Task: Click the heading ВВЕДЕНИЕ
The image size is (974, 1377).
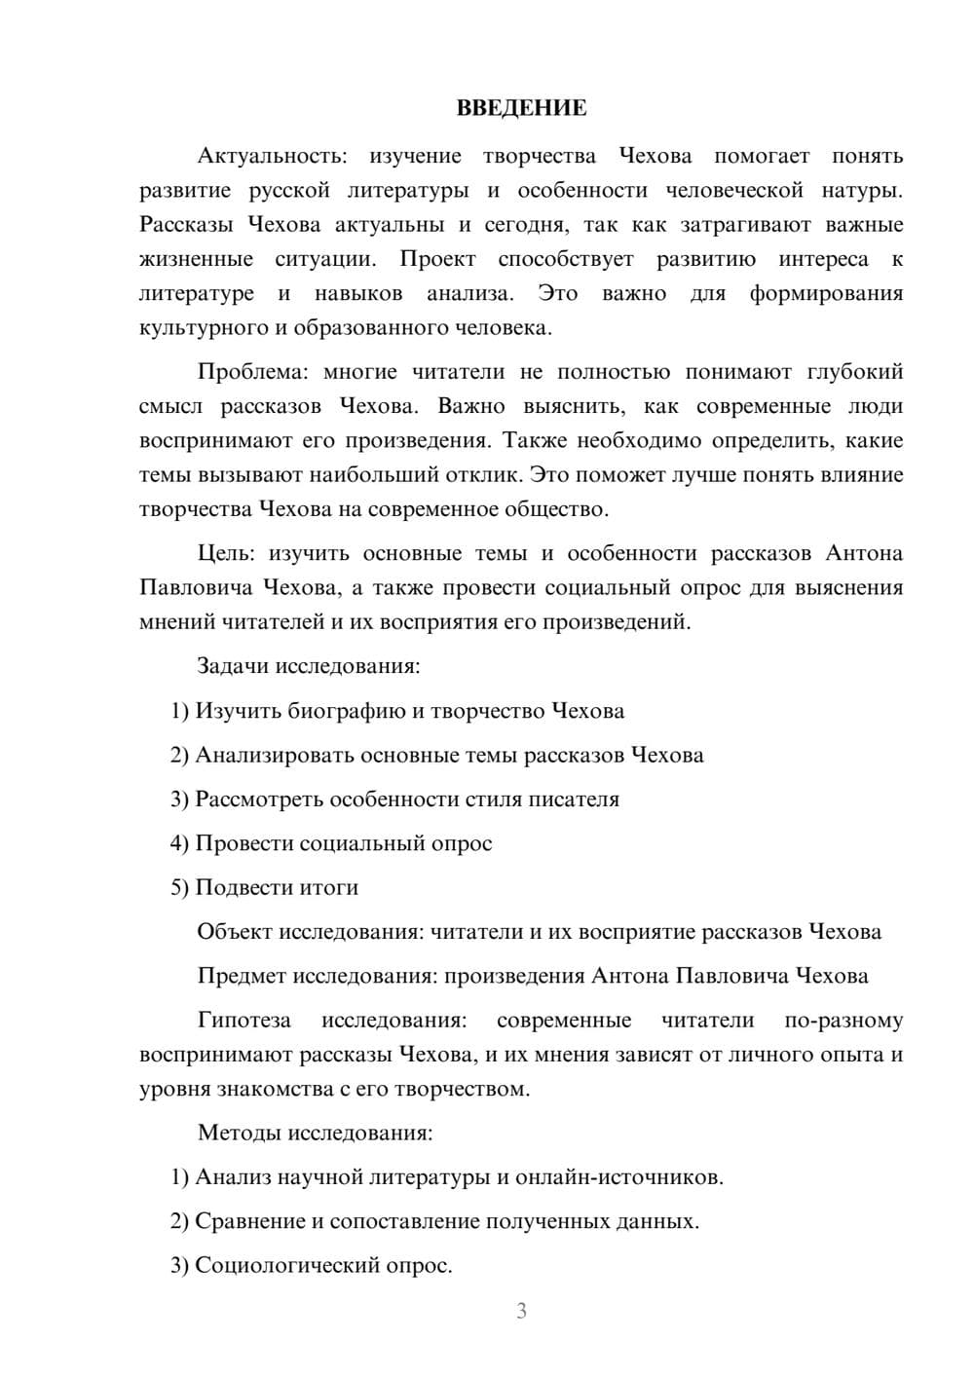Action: point(521,108)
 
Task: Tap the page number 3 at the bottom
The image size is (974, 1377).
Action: point(521,1311)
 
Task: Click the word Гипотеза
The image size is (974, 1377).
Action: point(243,1021)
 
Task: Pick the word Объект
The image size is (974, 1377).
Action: point(234,932)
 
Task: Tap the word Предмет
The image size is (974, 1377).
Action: point(242,976)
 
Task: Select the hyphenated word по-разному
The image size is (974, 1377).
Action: point(843,1021)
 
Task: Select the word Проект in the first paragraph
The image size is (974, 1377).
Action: point(437,259)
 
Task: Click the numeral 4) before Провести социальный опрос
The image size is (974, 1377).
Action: point(179,843)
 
